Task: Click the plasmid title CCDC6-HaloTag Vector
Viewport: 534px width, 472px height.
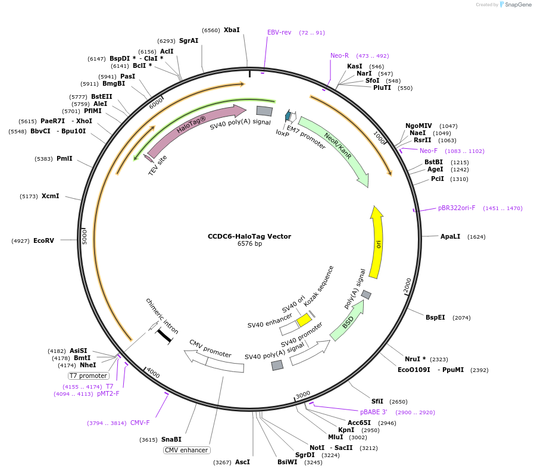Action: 249,236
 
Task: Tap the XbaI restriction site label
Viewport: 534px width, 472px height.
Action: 232,30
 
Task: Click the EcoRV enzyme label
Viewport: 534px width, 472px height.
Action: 43,240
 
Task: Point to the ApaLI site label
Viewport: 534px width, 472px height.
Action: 450,236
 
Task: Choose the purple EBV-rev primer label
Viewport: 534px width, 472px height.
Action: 279,32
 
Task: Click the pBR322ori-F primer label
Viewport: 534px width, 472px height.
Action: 457,208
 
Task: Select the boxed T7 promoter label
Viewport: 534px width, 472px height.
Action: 89,376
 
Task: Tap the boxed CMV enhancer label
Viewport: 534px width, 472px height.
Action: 186,450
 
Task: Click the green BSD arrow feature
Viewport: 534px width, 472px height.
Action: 347,322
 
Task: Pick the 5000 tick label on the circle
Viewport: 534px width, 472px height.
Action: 85,237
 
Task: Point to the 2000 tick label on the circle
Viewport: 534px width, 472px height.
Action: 408,285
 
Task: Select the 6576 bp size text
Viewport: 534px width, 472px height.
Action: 249,244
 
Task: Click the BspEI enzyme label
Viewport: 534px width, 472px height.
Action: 435,317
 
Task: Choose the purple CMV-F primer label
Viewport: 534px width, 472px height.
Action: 140,423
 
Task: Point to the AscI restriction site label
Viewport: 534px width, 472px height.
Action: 242,462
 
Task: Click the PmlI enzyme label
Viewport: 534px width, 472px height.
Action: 64,159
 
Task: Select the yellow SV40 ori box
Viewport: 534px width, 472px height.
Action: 304,320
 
